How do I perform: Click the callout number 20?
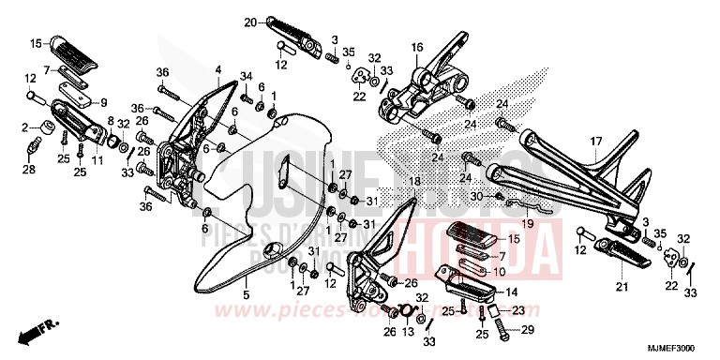(x=250, y=22)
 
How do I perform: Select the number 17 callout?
(x=594, y=141)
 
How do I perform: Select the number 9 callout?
(x=103, y=103)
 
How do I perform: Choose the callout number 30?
(x=475, y=196)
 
